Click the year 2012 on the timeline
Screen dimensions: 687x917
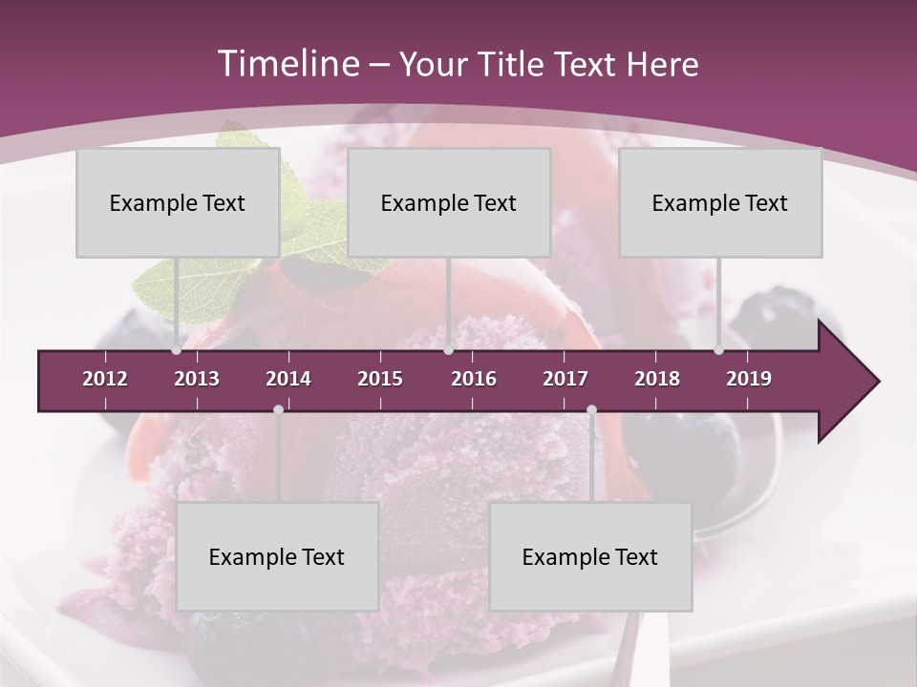[x=105, y=379]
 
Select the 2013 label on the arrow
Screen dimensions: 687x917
[x=197, y=379]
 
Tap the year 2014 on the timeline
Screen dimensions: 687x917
[x=288, y=379]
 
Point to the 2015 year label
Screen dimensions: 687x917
[x=380, y=379]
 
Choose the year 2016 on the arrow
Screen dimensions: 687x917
[x=474, y=379]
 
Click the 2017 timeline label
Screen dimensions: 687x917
[x=565, y=379]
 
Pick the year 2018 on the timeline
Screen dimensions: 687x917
[x=657, y=379]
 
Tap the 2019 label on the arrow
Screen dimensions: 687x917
[x=749, y=379]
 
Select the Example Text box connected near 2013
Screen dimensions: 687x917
[x=178, y=203]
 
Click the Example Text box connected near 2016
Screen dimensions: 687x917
[x=449, y=203]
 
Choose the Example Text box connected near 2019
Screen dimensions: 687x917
[x=720, y=203]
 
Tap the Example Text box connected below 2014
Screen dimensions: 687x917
[x=277, y=557]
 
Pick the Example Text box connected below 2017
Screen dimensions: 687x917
[x=590, y=557]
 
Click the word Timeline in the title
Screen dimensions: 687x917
[x=286, y=64]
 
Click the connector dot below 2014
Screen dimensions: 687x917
[x=278, y=409]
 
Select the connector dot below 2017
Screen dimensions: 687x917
[x=591, y=409]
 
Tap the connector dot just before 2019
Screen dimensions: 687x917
[x=719, y=350]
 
